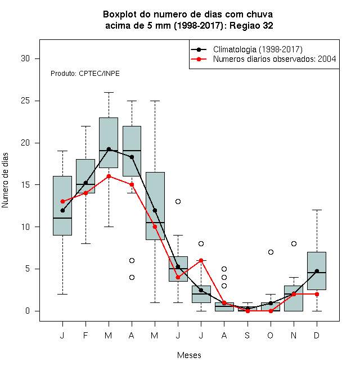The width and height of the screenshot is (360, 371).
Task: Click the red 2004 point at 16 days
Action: [x=109, y=176]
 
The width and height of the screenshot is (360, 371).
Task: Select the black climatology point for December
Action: [x=317, y=271]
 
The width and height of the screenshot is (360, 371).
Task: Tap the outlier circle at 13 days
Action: [x=178, y=201]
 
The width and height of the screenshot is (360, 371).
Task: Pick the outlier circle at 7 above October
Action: [x=271, y=252]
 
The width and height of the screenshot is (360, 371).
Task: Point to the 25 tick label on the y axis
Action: [x=25, y=101]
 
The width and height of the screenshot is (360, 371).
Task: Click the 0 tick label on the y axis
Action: [x=28, y=311]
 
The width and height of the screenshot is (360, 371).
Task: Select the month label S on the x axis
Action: [x=247, y=335]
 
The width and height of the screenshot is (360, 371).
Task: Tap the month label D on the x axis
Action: [x=317, y=335]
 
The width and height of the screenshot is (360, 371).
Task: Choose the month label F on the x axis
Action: [x=85, y=335]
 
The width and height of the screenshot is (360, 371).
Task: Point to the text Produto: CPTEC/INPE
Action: [x=85, y=73]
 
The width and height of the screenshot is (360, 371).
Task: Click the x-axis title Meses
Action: [x=189, y=355]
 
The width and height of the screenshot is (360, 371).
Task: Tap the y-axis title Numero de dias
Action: [x=5, y=180]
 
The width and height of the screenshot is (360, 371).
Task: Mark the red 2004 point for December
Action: [x=317, y=294]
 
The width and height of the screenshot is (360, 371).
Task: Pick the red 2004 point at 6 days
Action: [x=201, y=260]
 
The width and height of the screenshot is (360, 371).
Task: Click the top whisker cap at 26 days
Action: [x=109, y=93]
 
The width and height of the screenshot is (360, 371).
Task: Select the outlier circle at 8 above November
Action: [x=294, y=243]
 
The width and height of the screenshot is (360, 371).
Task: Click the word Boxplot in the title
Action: [x=120, y=15]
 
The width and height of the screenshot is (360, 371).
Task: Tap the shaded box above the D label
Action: [x=317, y=271]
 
